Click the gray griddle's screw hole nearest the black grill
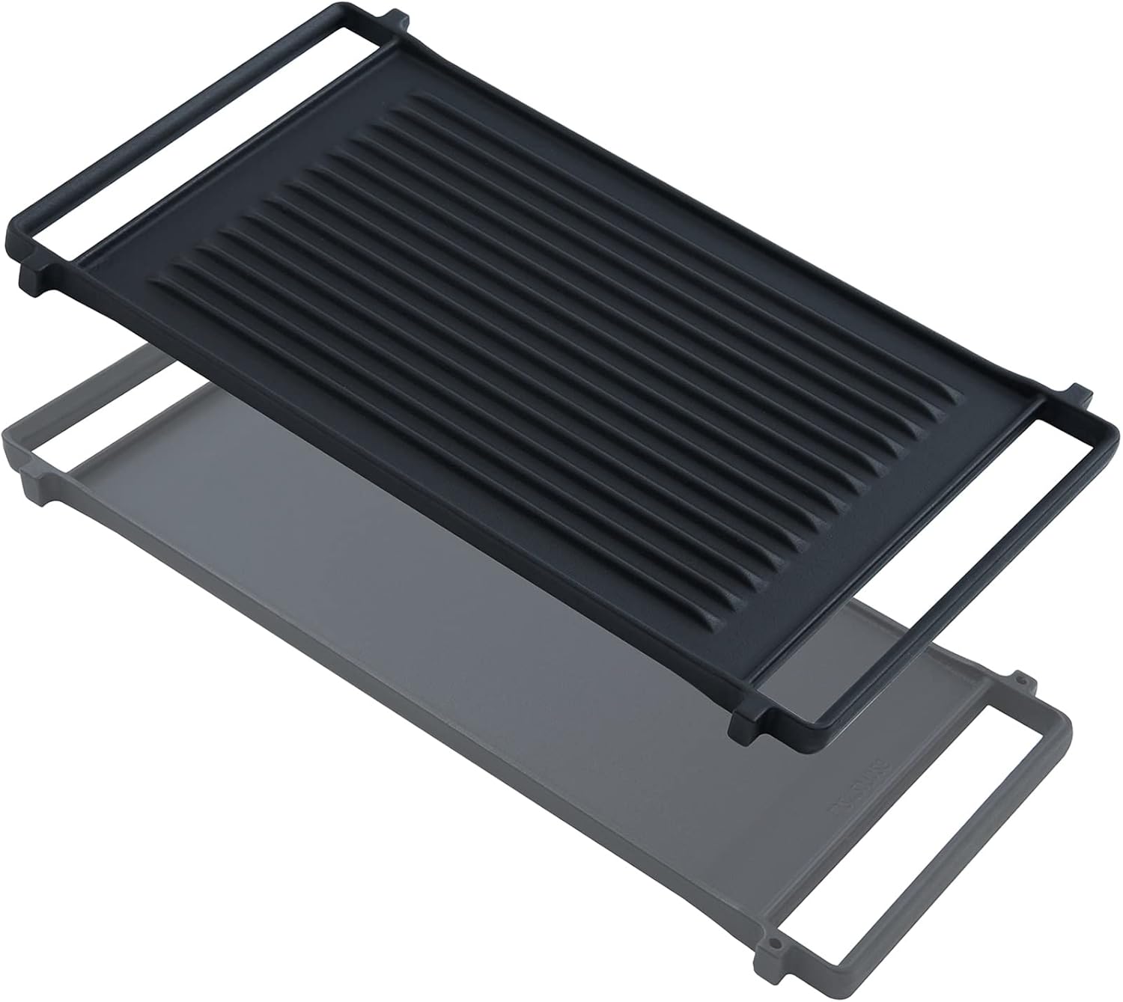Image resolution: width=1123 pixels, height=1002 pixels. click(x=1020, y=682)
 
